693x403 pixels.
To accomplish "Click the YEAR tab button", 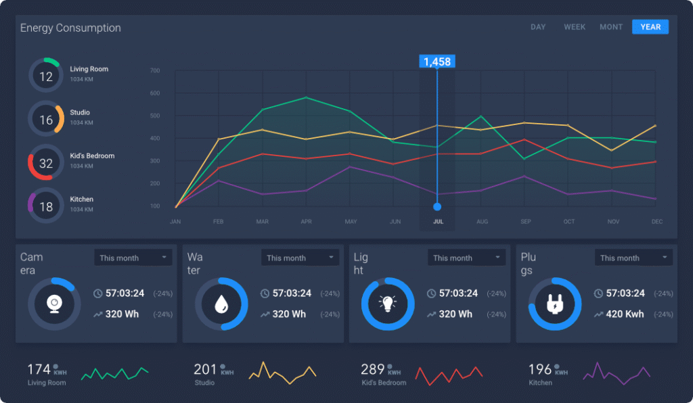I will point(650,27).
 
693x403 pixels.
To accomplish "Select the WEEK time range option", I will point(575,27).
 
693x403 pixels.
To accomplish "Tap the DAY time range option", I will point(538,27).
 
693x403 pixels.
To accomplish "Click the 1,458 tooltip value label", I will point(437,62).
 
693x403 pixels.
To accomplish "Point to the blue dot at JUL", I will point(437,206).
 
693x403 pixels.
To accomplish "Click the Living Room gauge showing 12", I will point(46,75).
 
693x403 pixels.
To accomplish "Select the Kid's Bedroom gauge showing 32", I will point(46,162).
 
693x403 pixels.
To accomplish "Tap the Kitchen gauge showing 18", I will point(46,206).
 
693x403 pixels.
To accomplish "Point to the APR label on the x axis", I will point(306,222).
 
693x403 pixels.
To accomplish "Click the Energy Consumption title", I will point(70,28).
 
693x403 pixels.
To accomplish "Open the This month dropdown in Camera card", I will point(133,258).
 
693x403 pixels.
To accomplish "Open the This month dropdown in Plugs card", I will point(634,258).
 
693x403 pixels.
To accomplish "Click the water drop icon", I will point(221,304).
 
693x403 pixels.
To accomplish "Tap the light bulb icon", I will point(388,304).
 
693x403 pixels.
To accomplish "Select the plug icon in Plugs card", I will point(555,304).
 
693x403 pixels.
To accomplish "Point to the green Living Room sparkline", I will point(114,373).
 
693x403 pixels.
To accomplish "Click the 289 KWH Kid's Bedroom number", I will point(373,369).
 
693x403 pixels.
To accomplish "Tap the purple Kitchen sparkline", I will point(616,371).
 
